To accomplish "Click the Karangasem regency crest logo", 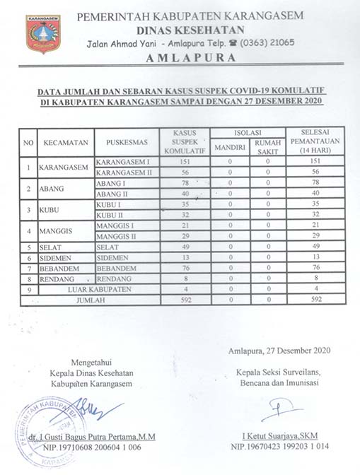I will pos(43,34).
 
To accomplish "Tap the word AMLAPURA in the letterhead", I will pos(191,58).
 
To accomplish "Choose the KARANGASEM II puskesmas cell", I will pos(124,172).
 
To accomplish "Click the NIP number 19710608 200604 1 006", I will pos(91,447).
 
